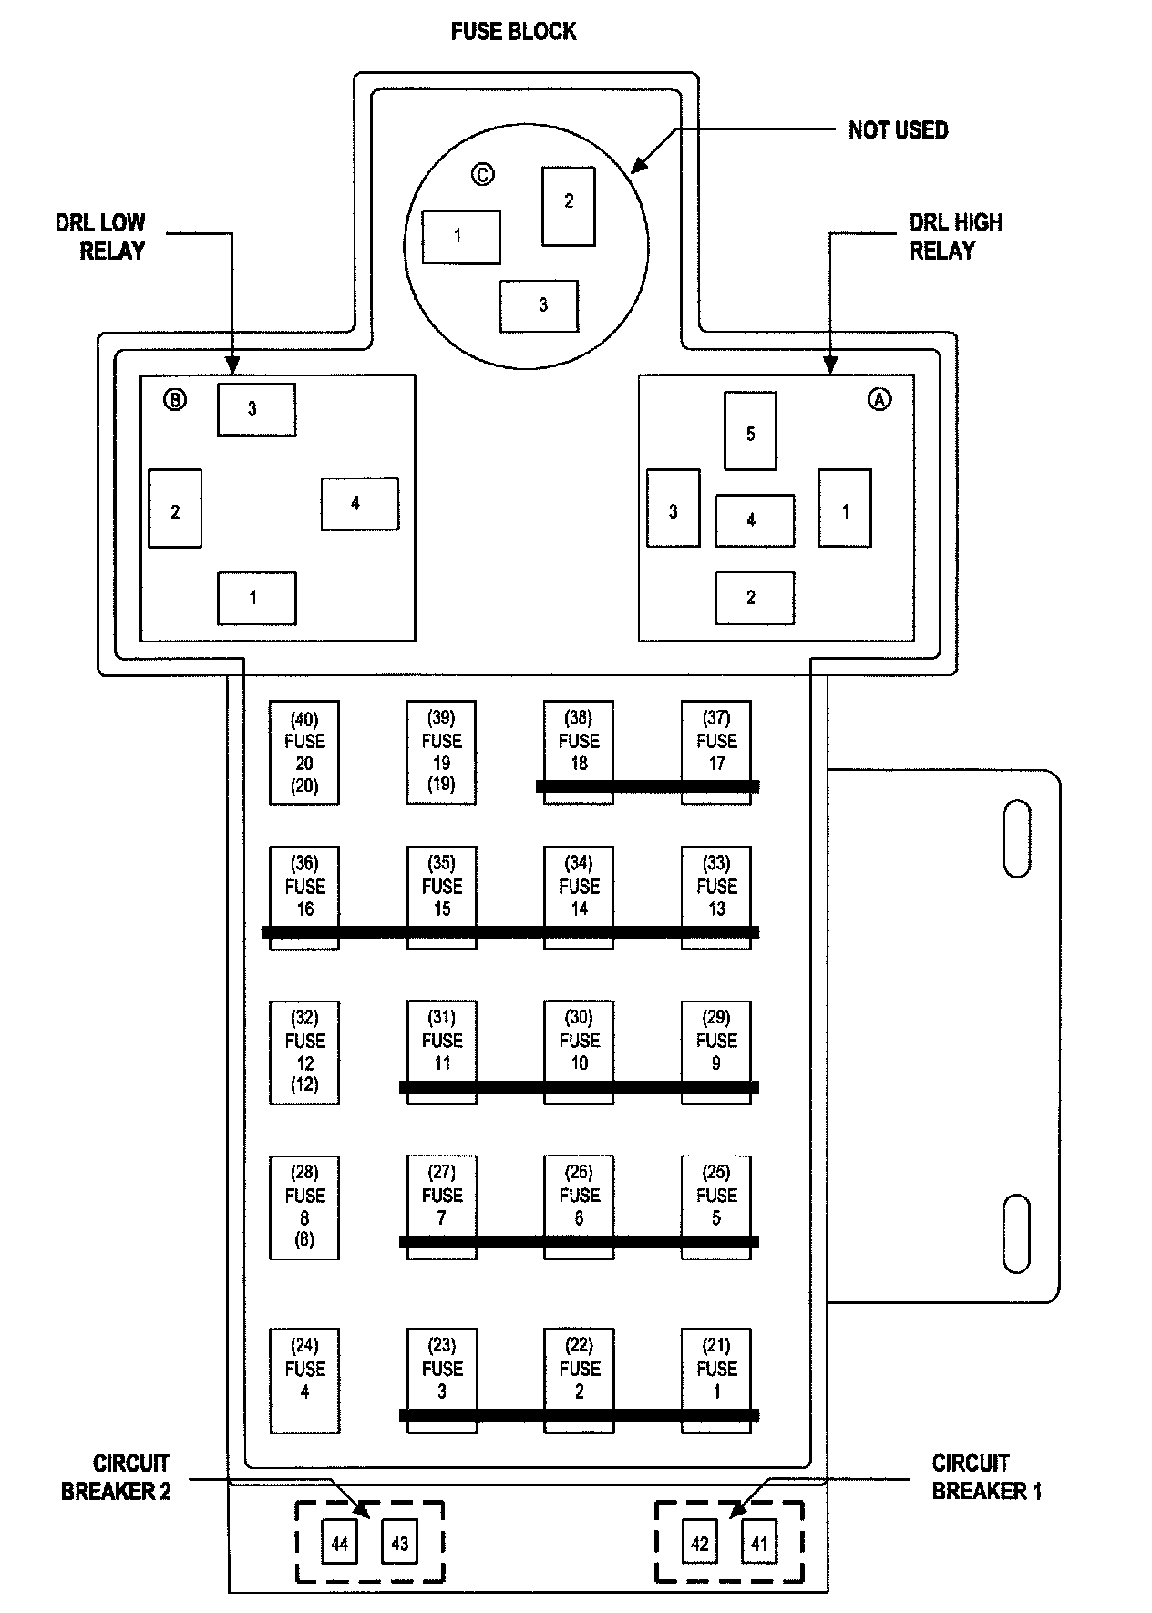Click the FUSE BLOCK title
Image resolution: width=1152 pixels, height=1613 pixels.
[513, 32]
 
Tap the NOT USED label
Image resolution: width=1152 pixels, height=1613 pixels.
[898, 130]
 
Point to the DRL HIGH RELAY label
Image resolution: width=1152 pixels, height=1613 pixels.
[955, 237]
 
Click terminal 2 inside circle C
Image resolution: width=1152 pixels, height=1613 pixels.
[569, 206]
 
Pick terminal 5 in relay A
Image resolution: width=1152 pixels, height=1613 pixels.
[750, 431]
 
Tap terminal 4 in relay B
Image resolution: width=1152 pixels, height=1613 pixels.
[359, 503]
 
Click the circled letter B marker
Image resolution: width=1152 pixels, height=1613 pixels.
[174, 399]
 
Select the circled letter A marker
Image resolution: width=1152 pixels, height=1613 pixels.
[879, 399]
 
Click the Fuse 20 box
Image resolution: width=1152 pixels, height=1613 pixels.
[304, 752]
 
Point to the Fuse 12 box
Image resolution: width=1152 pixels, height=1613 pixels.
[304, 1053]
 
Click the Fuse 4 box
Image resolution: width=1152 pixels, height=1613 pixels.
[304, 1380]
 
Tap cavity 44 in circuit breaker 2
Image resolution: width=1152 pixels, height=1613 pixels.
[339, 1544]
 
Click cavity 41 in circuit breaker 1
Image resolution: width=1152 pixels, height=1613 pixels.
[759, 1544]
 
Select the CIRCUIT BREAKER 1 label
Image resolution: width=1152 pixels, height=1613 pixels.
[985, 1477]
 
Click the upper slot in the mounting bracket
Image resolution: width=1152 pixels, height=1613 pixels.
[1016, 839]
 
